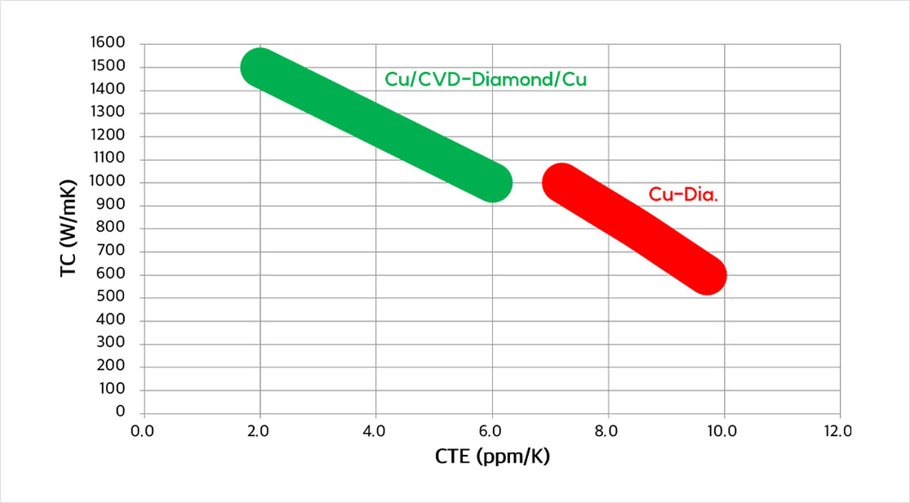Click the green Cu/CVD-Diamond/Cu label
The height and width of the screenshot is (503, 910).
(486, 80)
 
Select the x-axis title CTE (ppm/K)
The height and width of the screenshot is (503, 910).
(492, 456)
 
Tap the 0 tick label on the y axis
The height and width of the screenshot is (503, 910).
(120, 412)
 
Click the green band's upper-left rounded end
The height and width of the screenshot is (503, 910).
(260, 68)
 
